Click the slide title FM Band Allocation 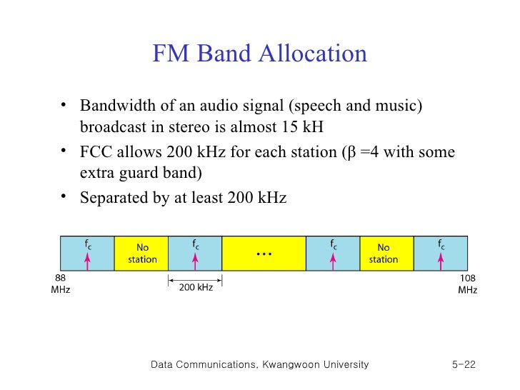(x=259, y=54)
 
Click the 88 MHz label (x=61, y=284)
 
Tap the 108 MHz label (x=468, y=284)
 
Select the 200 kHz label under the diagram (x=195, y=287)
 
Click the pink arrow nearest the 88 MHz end (x=88, y=259)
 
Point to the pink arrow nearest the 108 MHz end (x=441, y=259)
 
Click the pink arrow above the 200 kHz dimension (x=196, y=259)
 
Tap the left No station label (x=142, y=254)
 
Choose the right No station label (x=384, y=254)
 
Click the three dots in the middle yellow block (x=264, y=255)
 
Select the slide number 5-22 (x=464, y=365)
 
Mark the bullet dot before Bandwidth (x=64, y=106)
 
